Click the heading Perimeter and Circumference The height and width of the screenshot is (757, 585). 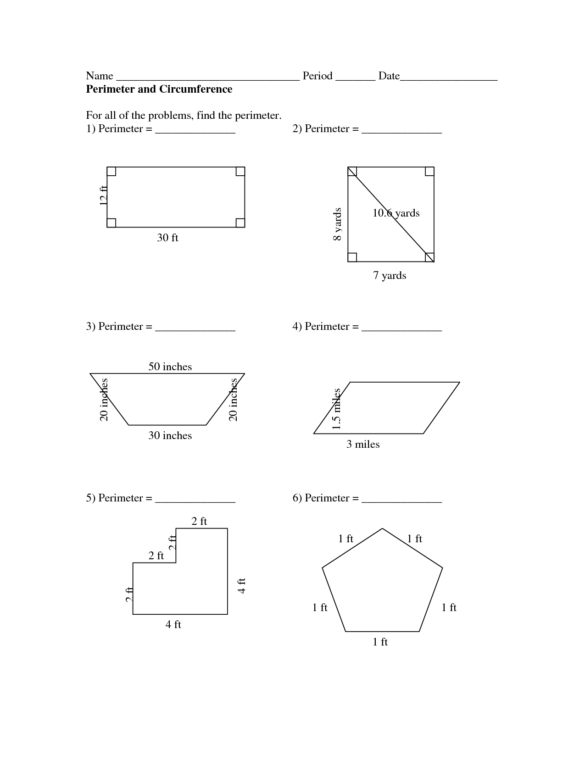pos(159,89)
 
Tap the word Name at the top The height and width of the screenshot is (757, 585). pos(100,76)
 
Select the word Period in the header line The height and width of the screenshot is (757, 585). pos(317,76)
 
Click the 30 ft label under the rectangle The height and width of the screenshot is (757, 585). pos(167,238)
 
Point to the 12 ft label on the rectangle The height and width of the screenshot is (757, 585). pos(104,195)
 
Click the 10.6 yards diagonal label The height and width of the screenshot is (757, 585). pos(396,213)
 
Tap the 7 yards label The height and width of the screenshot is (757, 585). pos(390,275)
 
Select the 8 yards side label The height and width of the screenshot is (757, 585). pos(337,224)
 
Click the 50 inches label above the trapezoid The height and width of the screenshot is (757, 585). pos(170,367)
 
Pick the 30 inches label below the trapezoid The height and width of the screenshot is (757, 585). pos(170,435)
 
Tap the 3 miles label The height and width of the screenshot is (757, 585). pos(363,444)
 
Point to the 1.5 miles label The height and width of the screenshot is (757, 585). pos(336,409)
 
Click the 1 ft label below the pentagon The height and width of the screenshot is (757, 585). pos(380,642)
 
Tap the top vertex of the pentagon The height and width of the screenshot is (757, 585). pos(382,529)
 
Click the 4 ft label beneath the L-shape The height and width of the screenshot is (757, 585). pos(173,624)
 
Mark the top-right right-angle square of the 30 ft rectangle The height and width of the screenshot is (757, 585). pos(240,172)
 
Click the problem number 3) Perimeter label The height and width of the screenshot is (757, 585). pos(119,326)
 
